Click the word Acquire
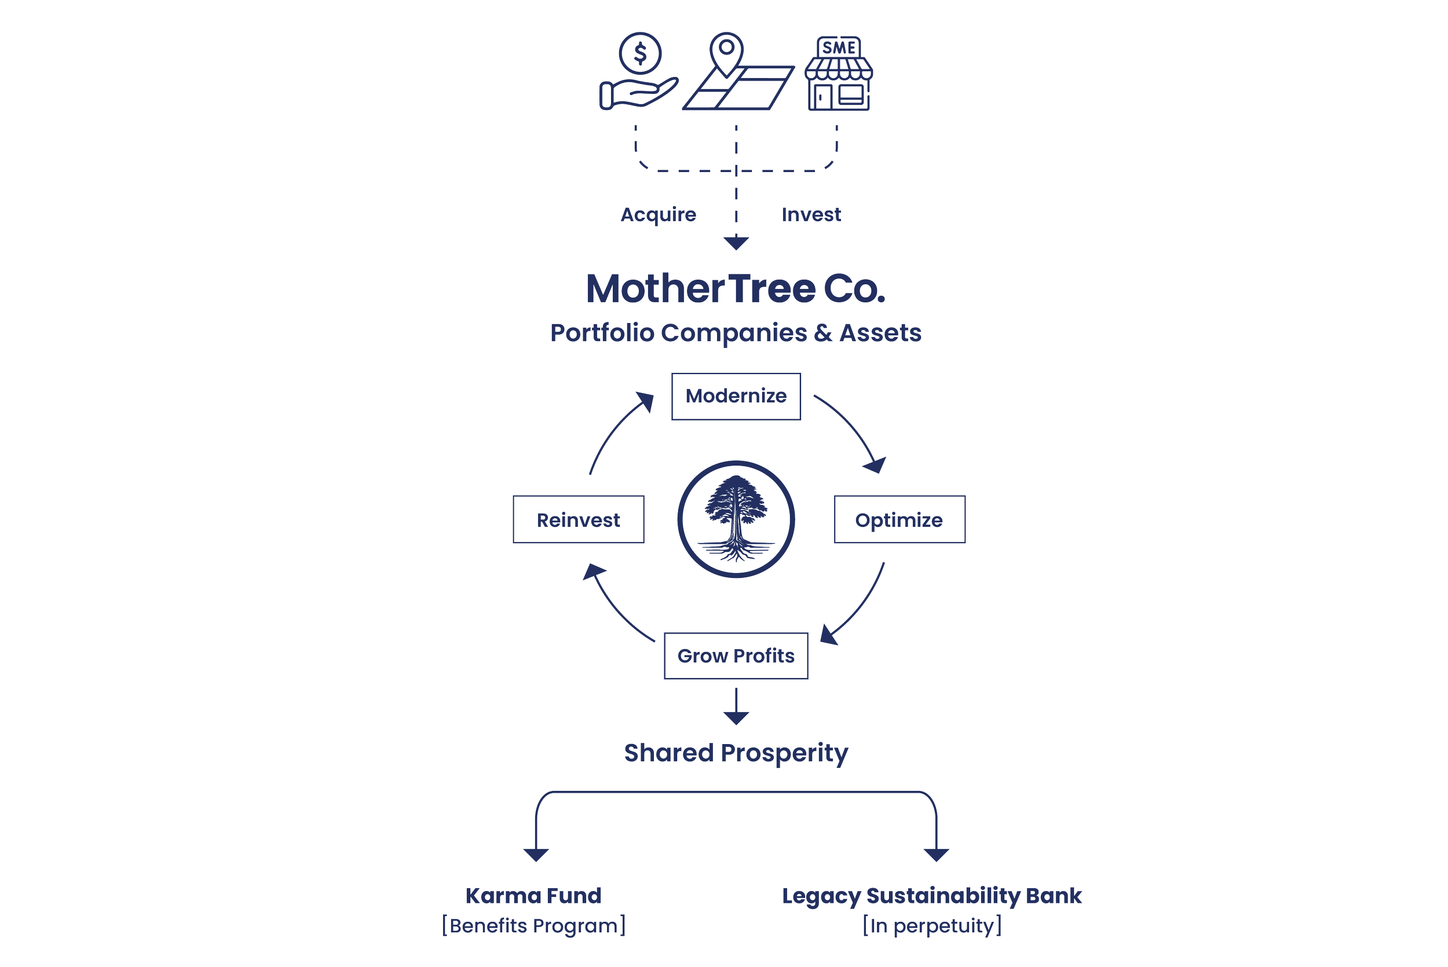point(658,215)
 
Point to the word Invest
point(811,215)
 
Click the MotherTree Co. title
point(736,288)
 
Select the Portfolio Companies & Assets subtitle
point(736,334)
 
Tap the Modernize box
point(736,397)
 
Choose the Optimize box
point(899,520)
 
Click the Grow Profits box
point(736,655)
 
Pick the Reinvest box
point(579,520)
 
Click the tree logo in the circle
point(736,519)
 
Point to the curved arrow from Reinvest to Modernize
point(617,432)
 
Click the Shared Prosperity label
point(736,753)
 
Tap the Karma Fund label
point(533,895)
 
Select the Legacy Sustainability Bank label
point(932,895)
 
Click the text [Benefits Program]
point(533,926)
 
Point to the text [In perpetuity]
point(932,926)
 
